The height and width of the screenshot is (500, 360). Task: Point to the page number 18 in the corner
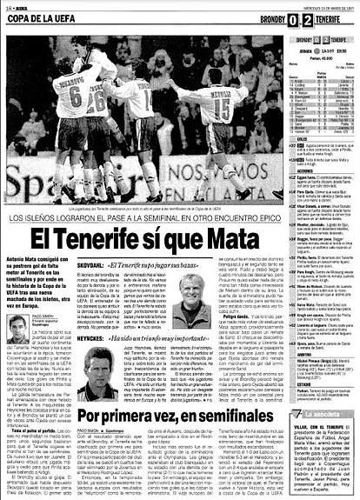pos(6,5)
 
